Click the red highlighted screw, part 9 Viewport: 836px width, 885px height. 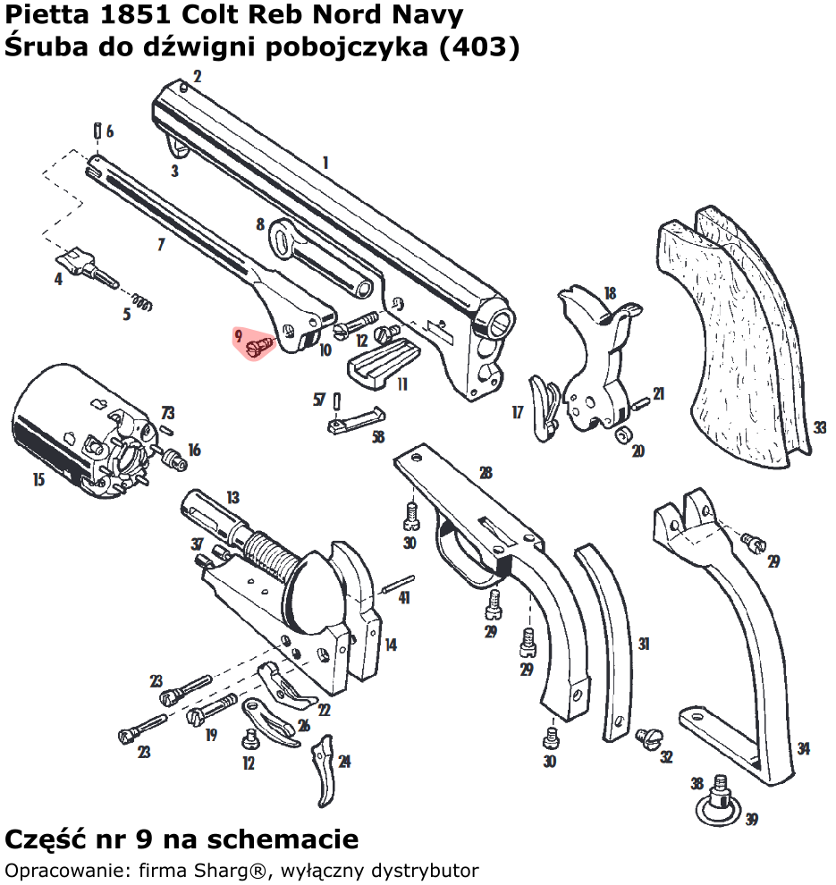click(x=259, y=344)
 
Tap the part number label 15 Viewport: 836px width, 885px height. click(x=38, y=480)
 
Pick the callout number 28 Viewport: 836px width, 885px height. click(x=486, y=473)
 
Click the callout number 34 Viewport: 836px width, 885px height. click(x=804, y=749)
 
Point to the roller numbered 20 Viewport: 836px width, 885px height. click(x=623, y=434)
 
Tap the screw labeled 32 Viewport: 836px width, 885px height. click(x=647, y=737)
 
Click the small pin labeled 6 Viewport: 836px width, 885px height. click(x=96, y=131)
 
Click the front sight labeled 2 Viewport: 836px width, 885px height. click(x=182, y=87)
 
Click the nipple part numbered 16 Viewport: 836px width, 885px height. click(x=174, y=460)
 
